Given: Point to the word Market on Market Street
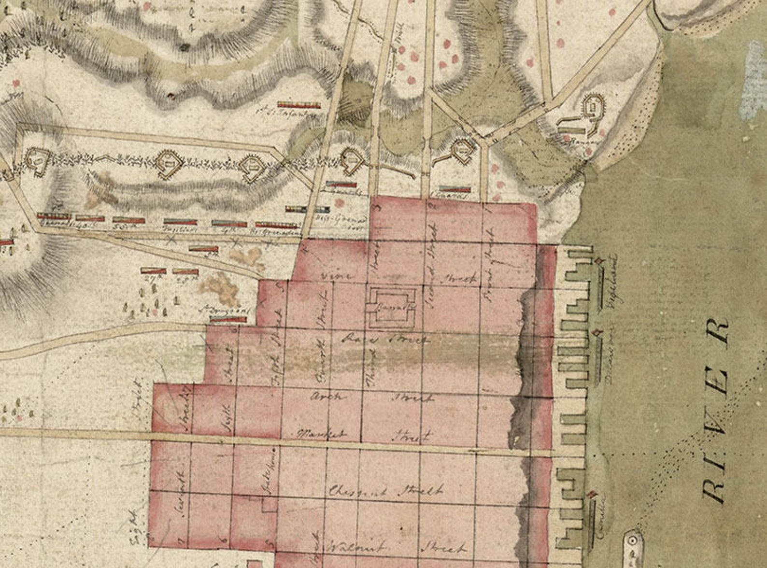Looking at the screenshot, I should coord(322,433).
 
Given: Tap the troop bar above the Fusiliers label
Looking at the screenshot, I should coord(181,222).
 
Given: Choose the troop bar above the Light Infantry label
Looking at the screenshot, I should coord(299,105).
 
